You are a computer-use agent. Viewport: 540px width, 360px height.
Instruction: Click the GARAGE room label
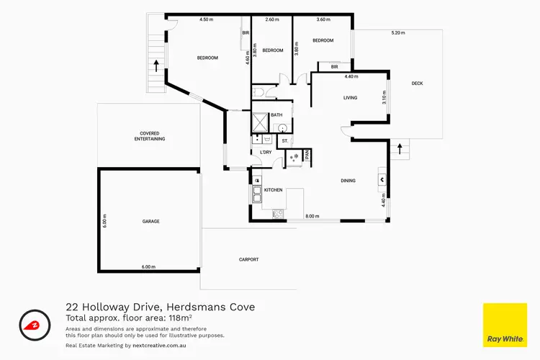click(x=150, y=221)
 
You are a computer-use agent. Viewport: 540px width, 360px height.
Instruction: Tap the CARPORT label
click(x=248, y=259)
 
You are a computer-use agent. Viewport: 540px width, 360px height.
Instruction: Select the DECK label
click(x=417, y=84)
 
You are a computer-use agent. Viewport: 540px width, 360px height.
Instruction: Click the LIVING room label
click(x=351, y=98)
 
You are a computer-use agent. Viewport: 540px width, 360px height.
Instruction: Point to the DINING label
click(x=348, y=180)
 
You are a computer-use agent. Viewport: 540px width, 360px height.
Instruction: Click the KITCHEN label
click(x=273, y=189)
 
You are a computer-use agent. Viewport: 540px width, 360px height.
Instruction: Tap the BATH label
click(x=277, y=115)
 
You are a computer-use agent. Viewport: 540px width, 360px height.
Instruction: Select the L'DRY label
click(x=265, y=153)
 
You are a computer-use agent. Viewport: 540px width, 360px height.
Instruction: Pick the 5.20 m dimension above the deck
click(x=398, y=32)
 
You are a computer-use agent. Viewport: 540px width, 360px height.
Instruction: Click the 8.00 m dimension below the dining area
click(x=312, y=216)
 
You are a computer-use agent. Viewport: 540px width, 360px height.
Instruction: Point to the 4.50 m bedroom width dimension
click(x=207, y=19)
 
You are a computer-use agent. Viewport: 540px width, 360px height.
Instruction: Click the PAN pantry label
click(x=307, y=153)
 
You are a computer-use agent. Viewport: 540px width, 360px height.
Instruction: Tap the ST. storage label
click(x=285, y=140)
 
